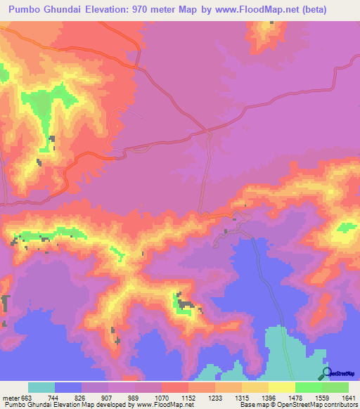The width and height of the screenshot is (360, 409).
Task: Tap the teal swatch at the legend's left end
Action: (41, 387)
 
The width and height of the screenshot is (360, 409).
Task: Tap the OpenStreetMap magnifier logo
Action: (327, 373)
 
